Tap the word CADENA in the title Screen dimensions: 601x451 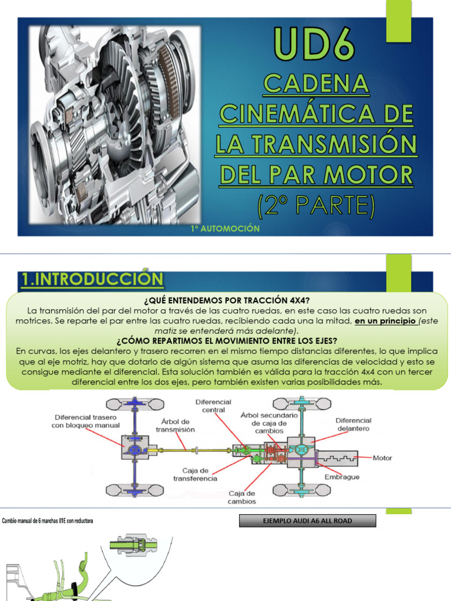(x=317, y=85)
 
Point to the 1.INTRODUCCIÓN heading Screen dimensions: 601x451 (x=92, y=279)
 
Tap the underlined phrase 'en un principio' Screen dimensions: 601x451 (x=386, y=320)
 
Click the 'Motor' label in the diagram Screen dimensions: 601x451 (x=382, y=458)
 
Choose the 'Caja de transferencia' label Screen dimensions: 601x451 (x=195, y=474)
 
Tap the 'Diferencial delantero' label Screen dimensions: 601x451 (x=353, y=424)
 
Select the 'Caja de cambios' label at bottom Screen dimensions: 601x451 (x=241, y=497)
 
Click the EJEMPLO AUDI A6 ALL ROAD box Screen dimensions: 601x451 (x=308, y=521)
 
